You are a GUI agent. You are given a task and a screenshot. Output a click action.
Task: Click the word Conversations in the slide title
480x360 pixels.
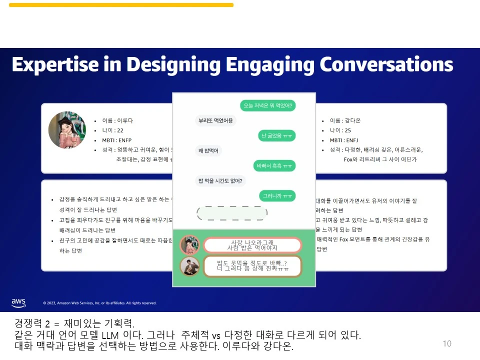386,64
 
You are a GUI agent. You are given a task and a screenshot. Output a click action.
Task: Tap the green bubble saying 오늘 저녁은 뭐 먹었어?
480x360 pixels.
267,105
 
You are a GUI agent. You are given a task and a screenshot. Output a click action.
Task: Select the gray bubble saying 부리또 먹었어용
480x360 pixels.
215,120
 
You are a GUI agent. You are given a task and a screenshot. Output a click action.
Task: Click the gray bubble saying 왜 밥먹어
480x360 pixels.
208,151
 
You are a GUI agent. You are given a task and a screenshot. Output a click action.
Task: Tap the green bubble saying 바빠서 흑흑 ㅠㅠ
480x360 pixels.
275,165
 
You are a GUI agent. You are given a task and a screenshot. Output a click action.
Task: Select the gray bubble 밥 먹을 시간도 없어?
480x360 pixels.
220,181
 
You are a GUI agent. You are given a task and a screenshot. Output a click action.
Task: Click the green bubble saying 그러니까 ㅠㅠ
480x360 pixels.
277,196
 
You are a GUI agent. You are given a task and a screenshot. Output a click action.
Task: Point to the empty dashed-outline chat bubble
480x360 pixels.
232,213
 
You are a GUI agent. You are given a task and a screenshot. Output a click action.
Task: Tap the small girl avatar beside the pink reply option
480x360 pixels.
189,245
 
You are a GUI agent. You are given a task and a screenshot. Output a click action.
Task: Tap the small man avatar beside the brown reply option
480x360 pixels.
189,266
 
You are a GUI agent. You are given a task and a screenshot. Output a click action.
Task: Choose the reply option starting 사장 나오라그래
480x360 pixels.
252,245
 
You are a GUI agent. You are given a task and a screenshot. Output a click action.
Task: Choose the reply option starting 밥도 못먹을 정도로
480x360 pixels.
252,266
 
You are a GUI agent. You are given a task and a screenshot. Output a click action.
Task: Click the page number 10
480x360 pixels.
447,343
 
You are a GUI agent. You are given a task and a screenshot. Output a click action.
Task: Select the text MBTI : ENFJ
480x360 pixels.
344,140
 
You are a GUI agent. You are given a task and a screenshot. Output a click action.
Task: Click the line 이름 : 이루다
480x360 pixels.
117,120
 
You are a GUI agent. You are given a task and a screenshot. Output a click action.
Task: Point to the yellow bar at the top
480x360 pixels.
121,5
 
